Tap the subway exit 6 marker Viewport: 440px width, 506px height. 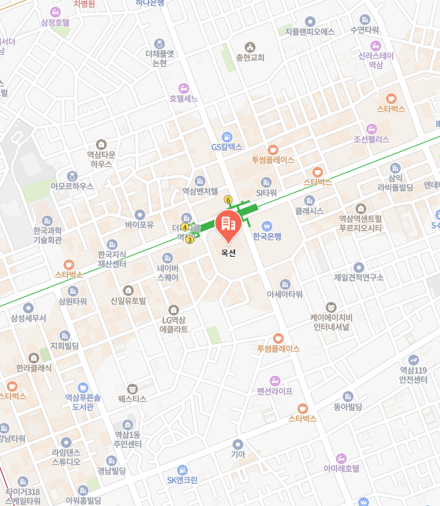pyautogui.click(x=228, y=200)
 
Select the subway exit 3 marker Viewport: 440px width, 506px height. pyautogui.click(x=189, y=240)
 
